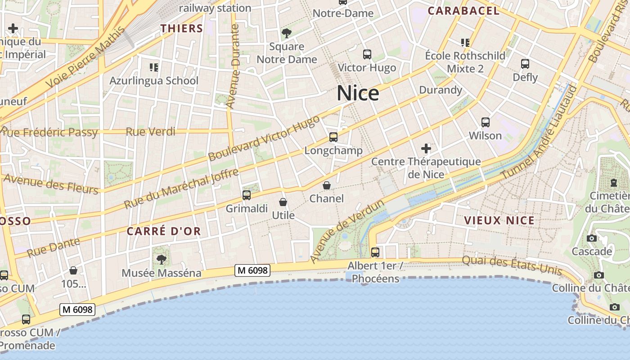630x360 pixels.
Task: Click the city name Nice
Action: (358, 93)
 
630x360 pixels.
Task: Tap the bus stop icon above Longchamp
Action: (333, 137)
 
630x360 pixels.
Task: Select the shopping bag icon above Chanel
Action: (327, 185)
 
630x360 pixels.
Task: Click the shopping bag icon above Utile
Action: (283, 202)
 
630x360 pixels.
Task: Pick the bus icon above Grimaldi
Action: (246, 195)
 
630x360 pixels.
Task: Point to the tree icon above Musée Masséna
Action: (161, 259)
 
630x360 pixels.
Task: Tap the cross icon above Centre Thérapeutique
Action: (426, 148)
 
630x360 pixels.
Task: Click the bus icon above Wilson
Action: (485, 122)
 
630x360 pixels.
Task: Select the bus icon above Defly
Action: (525, 63)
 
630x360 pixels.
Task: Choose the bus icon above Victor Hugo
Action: (367, 54)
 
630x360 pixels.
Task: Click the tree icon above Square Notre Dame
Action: (286, 33)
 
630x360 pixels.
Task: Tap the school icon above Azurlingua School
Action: (154, 67)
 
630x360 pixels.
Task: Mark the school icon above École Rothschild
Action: (465, 43)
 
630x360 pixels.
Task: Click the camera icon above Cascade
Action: (592, 238)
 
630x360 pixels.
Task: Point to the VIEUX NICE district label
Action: (499, 220)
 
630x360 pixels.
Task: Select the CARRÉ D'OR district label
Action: (163, 231)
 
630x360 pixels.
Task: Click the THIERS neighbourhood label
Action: (182, 28)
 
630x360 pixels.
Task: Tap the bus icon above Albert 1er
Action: (375, 252)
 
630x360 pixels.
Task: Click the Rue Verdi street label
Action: (150, 132)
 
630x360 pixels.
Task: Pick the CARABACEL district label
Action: (463, 11)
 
